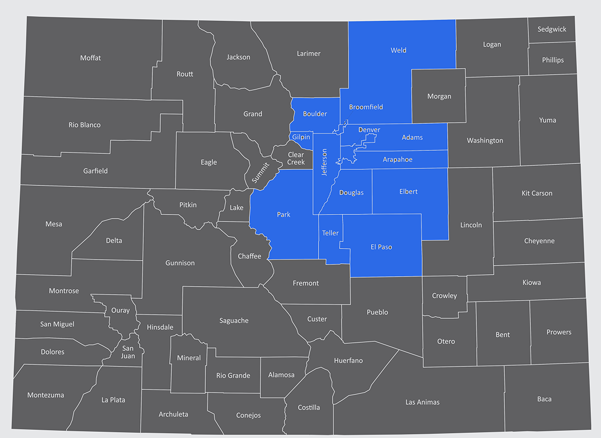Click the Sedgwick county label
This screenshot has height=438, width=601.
click(552, 29)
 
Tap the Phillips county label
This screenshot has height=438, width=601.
click(552, 60)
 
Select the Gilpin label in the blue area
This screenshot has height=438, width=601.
click(301, 137)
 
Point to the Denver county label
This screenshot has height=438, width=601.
click(369, 130)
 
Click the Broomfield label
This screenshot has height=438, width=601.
click(366, 107)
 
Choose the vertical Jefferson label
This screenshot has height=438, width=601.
click(324, 161)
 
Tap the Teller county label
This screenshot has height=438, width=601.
click(330, 233)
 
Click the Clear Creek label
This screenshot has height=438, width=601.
click(296, 158)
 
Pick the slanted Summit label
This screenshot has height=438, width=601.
click(260, 172)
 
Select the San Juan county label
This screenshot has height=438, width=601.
click(128, 352)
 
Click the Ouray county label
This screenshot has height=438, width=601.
click(120, 310)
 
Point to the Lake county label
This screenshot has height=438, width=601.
click(236, 207)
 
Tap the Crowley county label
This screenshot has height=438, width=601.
click(444, 296)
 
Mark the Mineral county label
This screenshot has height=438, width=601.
click(189, 358)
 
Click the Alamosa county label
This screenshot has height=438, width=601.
click(281, 375)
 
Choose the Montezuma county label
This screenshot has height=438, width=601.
click(46, 395)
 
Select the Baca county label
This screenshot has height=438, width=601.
click(544, 399)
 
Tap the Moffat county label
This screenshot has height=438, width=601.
click(90, 58)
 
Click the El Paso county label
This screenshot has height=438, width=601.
click(382, 247)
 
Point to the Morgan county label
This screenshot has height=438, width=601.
click(439, 96)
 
